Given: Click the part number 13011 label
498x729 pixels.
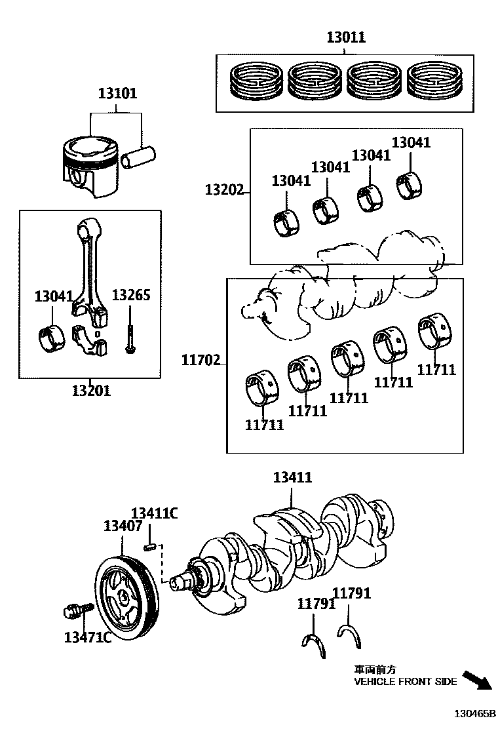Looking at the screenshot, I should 346,38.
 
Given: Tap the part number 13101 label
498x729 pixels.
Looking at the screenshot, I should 118,94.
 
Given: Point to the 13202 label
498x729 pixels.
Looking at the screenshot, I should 223,190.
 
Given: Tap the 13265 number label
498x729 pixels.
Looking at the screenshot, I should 131,295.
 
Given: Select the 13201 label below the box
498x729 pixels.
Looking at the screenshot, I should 91,391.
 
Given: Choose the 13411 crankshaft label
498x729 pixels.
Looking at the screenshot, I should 292,478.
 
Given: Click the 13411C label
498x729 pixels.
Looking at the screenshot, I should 155,513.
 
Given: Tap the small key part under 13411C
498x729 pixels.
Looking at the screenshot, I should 150,545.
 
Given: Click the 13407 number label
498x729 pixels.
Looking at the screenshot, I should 123,526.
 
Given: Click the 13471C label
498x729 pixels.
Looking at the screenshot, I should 87,637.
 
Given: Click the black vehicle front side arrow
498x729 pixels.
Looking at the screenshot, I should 476,680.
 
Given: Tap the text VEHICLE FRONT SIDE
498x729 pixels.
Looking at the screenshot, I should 406,682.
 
